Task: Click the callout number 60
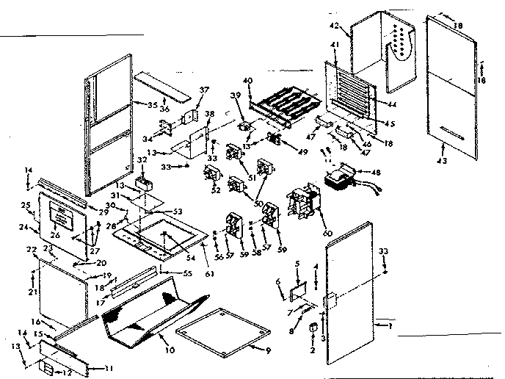pyautogui.click(x=327, y=233)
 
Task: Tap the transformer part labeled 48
pyautogui.click(x=340, y=180)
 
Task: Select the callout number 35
pyautogui.click(x=153, y=105)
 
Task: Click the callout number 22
pyautogui.click(x=32, y=250)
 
